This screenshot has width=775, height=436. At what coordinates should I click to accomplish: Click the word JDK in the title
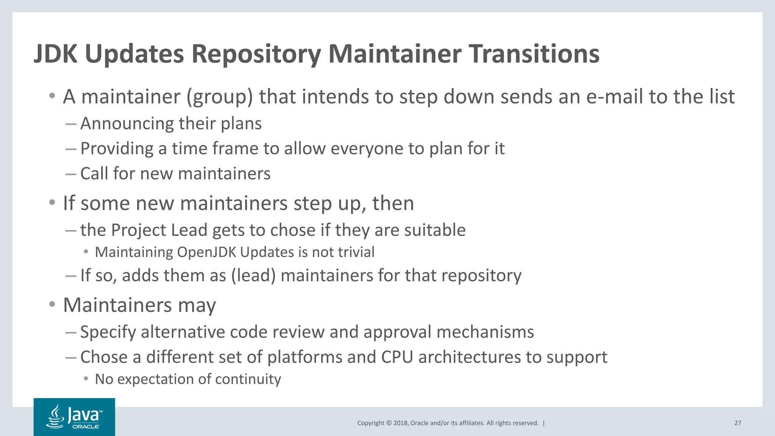tap(55, 54)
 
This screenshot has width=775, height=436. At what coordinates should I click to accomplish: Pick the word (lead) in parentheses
tap(253, 276)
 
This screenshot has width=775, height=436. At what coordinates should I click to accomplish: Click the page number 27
tap(738, 423)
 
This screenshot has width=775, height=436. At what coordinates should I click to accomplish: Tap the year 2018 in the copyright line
tap(400, 423)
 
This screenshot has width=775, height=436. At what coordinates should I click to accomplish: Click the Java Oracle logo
tap(74, 417)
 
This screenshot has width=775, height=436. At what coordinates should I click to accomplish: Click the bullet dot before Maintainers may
tap(52, 305)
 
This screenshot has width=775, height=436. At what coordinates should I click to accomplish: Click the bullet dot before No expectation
tap(86, 378)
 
